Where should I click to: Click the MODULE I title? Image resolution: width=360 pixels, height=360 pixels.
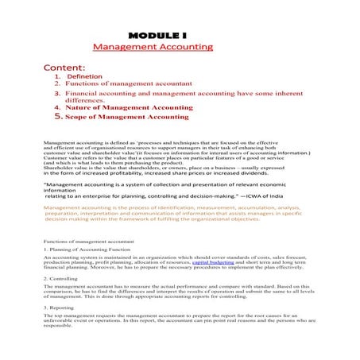point(157,36)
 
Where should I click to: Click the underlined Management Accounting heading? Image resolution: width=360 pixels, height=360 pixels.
point(153,48)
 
